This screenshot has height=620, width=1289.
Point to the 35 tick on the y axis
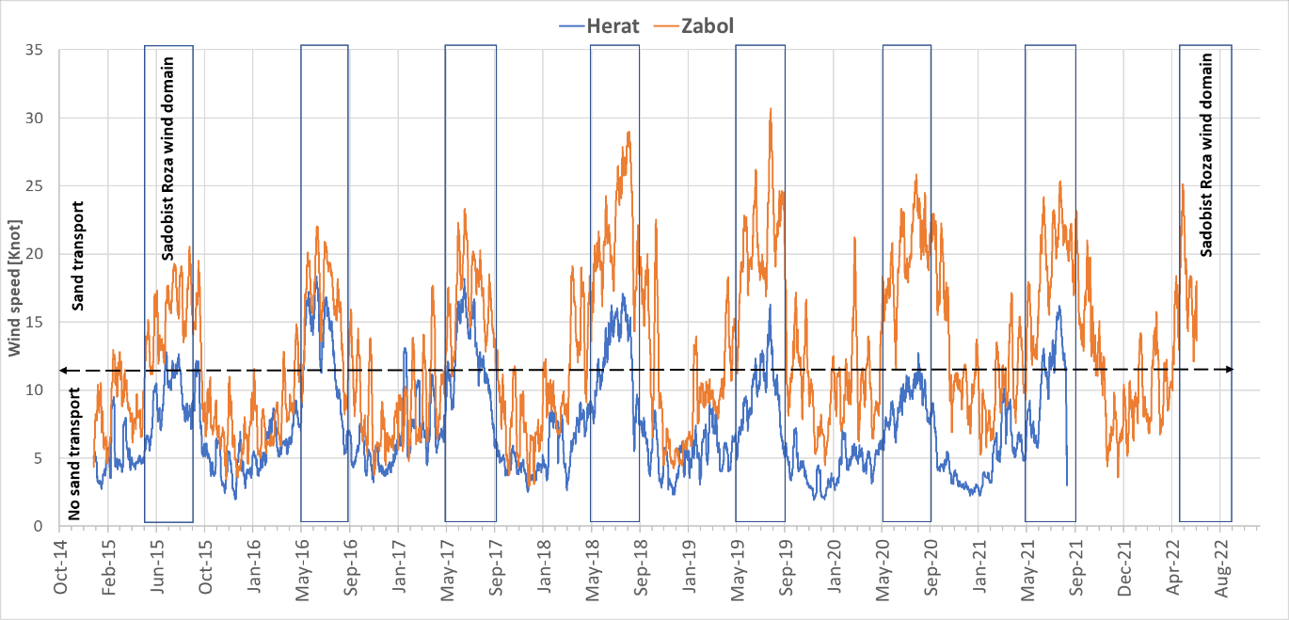37,50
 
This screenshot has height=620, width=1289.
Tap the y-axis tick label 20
37,254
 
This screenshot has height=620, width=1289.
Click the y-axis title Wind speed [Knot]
15,288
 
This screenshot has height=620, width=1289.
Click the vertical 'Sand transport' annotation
79,256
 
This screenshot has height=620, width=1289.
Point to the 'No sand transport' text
73,453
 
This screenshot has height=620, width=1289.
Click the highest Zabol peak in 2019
771,108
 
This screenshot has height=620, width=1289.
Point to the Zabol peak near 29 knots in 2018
628,132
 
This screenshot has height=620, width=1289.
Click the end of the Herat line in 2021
1067,485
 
